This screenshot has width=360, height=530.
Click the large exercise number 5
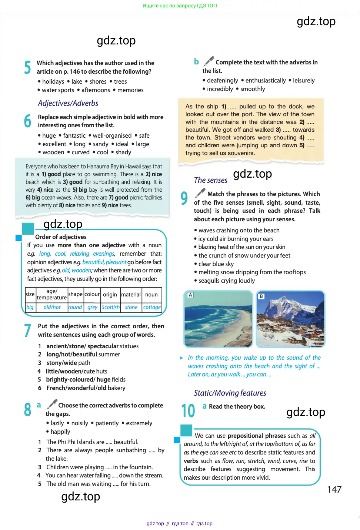(27, 67)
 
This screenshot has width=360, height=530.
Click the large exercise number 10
(188, 411)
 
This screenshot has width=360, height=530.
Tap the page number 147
(334, 489)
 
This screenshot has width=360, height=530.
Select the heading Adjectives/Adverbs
(68, 103)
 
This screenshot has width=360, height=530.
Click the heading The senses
(211, 180)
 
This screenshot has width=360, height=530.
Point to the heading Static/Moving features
(230, 393)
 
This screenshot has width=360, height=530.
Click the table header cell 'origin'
(110, 295)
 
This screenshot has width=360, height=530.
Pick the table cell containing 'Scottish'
(110, 307)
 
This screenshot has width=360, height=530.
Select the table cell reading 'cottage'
(152, 307)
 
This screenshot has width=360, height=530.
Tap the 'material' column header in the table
(131, 295)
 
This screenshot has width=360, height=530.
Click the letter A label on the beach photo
(190, 295)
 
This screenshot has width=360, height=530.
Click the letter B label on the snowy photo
(261, 296)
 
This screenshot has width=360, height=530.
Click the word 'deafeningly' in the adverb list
(222, 80)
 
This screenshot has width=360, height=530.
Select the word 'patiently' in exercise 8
(107, 423)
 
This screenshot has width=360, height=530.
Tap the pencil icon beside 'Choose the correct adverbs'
(52, 404)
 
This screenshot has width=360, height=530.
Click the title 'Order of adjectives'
(61, 237)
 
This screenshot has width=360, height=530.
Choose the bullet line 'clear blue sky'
(216, 264)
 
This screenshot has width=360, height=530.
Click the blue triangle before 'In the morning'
(181, 358)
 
